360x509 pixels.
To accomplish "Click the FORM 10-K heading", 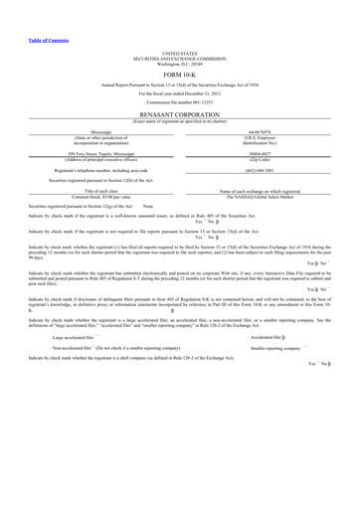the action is (x=179, y=76).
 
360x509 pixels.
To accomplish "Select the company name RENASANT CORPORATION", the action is (x=179, y=114).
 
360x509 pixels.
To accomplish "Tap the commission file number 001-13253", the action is (x=179, y=103).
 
